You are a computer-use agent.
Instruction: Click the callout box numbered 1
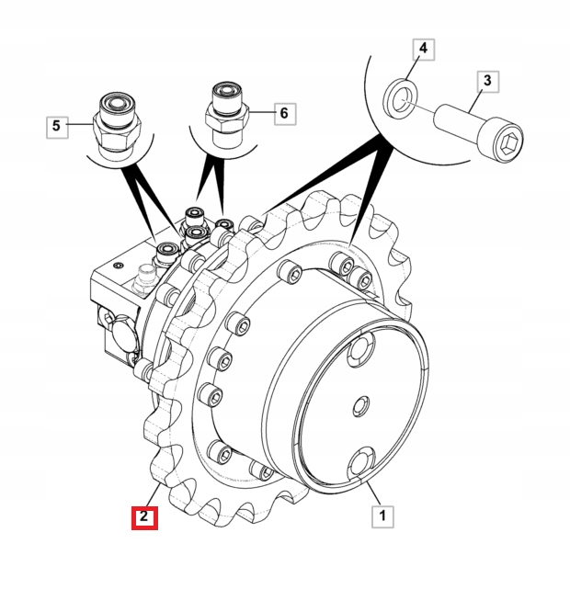(382, 516)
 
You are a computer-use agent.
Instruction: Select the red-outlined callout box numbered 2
(144, 517)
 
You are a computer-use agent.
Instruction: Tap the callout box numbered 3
(487, 82)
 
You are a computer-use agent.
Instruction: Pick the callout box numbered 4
(424, 50)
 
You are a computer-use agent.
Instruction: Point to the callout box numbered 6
(285, 113)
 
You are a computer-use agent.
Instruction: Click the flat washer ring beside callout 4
(400, 99)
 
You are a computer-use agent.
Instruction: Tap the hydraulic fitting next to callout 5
(116, 126)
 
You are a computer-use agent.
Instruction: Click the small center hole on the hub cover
(362, 406)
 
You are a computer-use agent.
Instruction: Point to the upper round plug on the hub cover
(360, 349)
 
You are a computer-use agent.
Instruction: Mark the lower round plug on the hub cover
(360, 463)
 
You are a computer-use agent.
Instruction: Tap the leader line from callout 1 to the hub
(373, 493)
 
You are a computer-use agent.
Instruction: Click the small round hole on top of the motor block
(120, 266)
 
